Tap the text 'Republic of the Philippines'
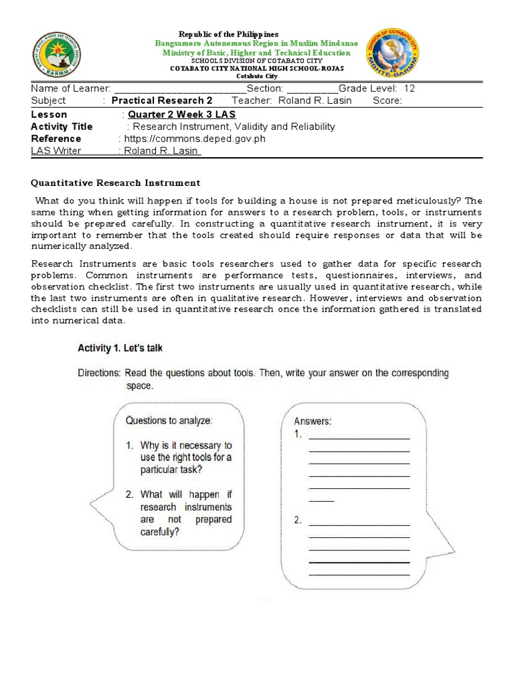pos(228,34)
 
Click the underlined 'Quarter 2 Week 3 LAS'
pos(181,114)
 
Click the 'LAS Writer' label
pos(56,151)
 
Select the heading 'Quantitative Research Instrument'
pos(116,183)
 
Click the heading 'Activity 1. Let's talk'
pos(120,348)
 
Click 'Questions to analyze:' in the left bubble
pos(169,421)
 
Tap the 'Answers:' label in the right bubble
pos(313,421)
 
